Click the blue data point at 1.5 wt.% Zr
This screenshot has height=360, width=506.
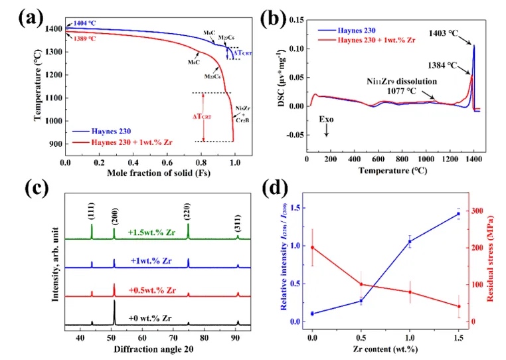coord(458,214)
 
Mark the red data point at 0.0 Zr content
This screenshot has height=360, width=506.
coord(312,247)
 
